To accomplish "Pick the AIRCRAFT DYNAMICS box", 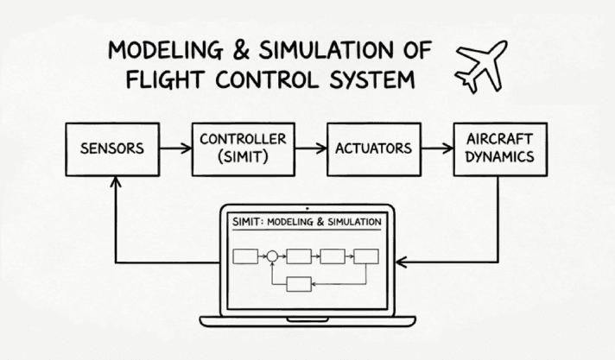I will (x=499, y=148).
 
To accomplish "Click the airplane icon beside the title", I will (x=480, y=66).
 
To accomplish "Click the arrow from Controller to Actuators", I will (x=307, y=148).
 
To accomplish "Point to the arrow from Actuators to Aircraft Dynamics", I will (x=434, y=148).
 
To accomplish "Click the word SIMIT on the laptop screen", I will (x=249, y=223).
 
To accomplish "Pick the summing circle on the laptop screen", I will (x=272, y=256).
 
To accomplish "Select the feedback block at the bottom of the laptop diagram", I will (x=298, y=284).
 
